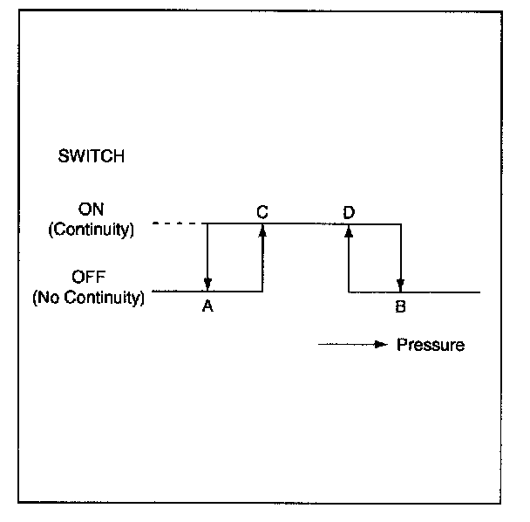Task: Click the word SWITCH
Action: (91, 157)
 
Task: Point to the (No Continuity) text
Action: (88, 297)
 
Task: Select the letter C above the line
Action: (262, 210)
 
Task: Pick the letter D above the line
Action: (349, 210)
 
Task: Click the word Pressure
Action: (431, 345)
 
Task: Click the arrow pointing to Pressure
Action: (352, 345)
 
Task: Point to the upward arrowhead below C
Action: (262, 230)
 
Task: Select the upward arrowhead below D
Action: (349, 230)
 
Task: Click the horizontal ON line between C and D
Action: (305, 224)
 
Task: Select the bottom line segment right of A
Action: (235, 292)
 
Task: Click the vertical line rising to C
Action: (262, 262)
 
